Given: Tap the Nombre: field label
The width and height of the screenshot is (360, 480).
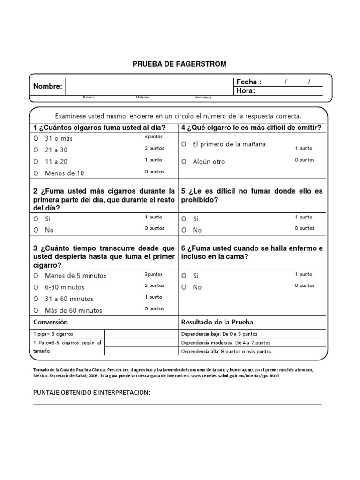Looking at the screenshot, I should [47, 86].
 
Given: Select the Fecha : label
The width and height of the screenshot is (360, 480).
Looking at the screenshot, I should [249, 82].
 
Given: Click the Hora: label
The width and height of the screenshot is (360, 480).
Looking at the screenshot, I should [246, 91].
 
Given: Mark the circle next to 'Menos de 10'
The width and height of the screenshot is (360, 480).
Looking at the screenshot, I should [36, 173].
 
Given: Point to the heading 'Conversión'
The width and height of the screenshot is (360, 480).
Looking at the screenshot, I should [51, 322].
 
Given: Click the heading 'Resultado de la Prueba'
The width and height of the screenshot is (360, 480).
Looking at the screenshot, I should [217, 322].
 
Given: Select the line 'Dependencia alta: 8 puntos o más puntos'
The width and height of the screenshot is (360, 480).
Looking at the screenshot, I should [226, 352].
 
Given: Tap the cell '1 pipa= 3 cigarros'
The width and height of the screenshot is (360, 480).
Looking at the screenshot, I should [53, 334].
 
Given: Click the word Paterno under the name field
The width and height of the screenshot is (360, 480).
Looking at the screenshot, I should [89, 97].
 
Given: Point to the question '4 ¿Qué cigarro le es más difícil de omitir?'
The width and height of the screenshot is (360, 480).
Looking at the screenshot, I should [251, 127].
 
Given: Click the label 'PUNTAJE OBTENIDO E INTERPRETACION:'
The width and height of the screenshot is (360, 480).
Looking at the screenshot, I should [92, 392].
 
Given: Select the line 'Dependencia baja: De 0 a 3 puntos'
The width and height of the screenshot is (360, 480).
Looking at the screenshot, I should [219, 334].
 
